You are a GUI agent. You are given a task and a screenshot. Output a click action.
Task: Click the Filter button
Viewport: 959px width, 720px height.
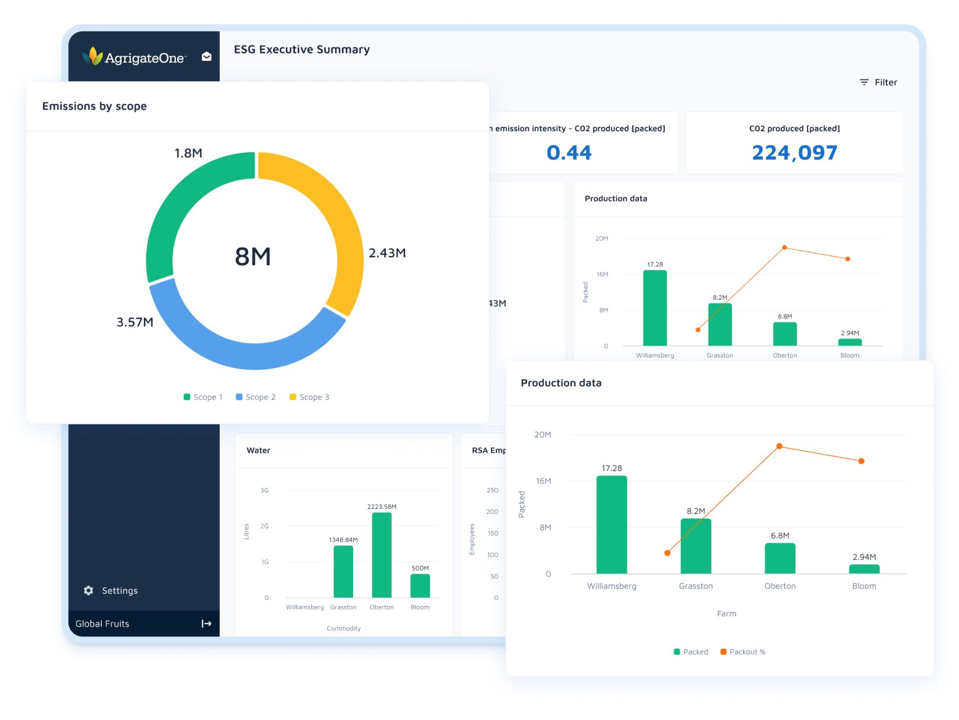click(878, 82)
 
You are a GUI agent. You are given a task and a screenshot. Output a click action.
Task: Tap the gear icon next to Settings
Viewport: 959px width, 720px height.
click(89, 591)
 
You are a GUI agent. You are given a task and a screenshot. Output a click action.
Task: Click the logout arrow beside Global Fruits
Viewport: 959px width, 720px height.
click(207, 624)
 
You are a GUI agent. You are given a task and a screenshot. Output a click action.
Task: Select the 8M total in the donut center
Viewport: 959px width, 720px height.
click(253, 257)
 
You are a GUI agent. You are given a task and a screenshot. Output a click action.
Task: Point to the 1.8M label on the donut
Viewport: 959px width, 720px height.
click(188, 153)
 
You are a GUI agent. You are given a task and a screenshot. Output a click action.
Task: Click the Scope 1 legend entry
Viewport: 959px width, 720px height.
click(203, 398)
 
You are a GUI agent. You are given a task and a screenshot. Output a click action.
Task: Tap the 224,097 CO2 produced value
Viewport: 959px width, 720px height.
click(794, 153)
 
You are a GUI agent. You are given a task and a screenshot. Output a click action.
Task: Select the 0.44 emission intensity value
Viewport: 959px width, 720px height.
click(569, 153)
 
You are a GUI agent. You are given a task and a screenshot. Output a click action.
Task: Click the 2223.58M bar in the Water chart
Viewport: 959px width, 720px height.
click(381, 554)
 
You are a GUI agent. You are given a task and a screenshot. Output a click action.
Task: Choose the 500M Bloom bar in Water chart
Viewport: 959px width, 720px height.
click(420, 585)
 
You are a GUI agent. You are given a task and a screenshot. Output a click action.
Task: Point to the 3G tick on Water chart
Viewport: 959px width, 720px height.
click(265, 490)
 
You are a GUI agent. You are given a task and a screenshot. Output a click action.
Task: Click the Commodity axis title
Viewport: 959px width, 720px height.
click(343, 628)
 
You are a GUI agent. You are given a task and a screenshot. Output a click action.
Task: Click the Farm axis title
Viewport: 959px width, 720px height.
click(726, 614)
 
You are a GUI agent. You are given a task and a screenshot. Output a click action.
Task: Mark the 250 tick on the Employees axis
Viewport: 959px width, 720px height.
click(492, 490)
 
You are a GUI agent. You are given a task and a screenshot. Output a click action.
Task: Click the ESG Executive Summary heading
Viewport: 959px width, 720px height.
click(301, 50)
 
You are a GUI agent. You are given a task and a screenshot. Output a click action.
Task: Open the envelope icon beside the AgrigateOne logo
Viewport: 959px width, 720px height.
click(207, 57)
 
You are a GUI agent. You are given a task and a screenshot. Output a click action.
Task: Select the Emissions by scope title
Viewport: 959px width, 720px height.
click(94, 106)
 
